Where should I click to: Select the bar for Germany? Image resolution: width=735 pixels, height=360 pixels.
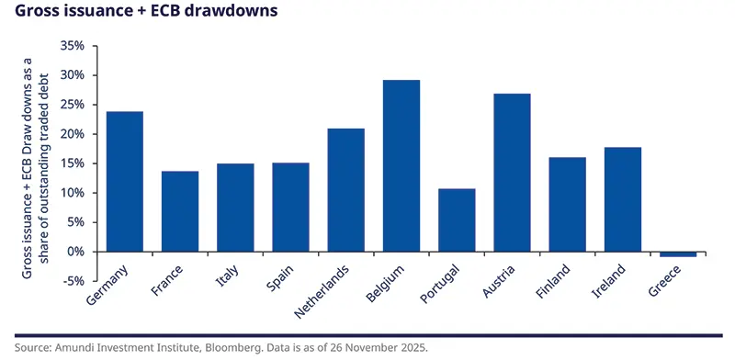tap(125, 181)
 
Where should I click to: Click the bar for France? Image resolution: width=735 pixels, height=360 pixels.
tap(180, 211)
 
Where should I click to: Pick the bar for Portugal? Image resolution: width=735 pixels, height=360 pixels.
tap(457, 220)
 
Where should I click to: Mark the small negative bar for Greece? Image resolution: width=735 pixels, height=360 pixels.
tap(678, 254)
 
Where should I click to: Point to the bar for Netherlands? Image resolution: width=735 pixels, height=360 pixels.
tap(345, 190)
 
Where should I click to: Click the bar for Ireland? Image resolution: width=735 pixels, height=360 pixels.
tap(623, 199)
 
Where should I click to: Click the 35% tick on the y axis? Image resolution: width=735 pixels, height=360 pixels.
tap(72, 45)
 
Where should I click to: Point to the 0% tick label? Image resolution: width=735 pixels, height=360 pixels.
tap(75, 252)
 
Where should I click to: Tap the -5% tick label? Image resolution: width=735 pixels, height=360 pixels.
tap(73, 281)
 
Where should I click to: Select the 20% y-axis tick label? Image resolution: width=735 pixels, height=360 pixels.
tap(72, 133)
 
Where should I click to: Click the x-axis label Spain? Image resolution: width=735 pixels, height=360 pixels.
tap(280, 279)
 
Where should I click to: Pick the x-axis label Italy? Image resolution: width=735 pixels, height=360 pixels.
tap(227, 277)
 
